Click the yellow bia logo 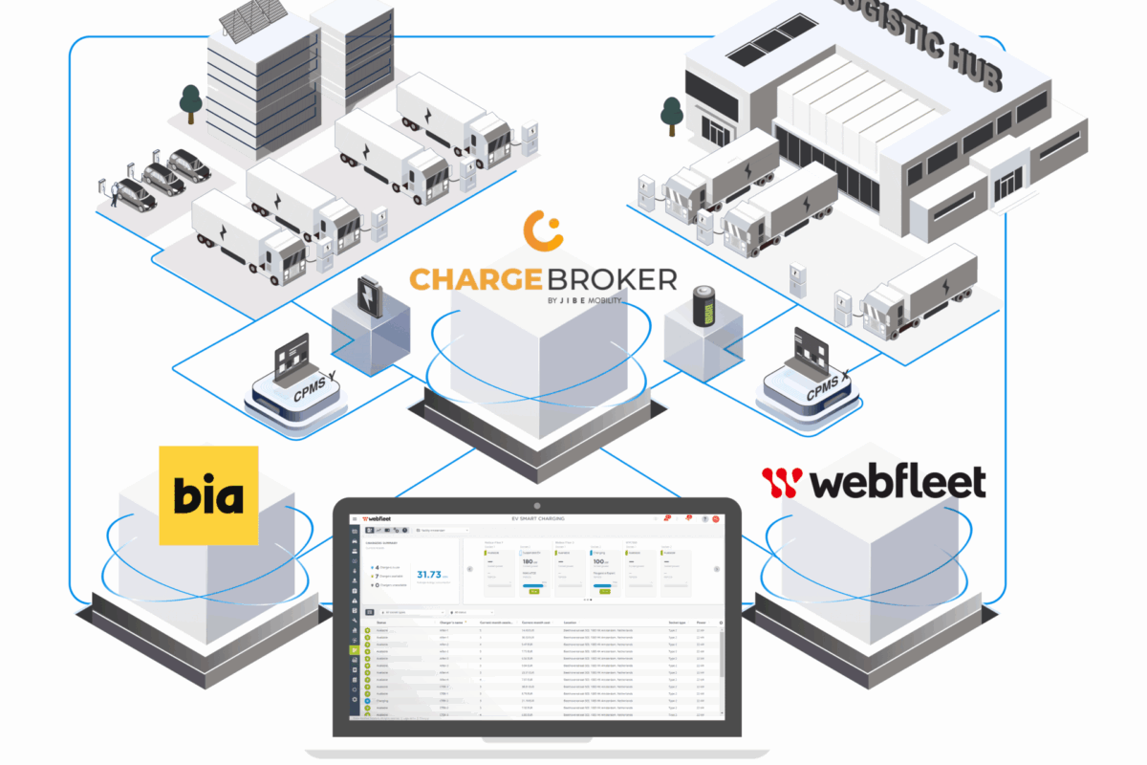click(x=208, y=494)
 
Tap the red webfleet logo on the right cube click(x=873, y=482)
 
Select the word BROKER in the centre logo click(x=611, y=279)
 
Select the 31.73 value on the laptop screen click(x=424, y=575)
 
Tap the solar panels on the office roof click(x=251, y=20)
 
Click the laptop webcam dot click(x=537, y=504)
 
